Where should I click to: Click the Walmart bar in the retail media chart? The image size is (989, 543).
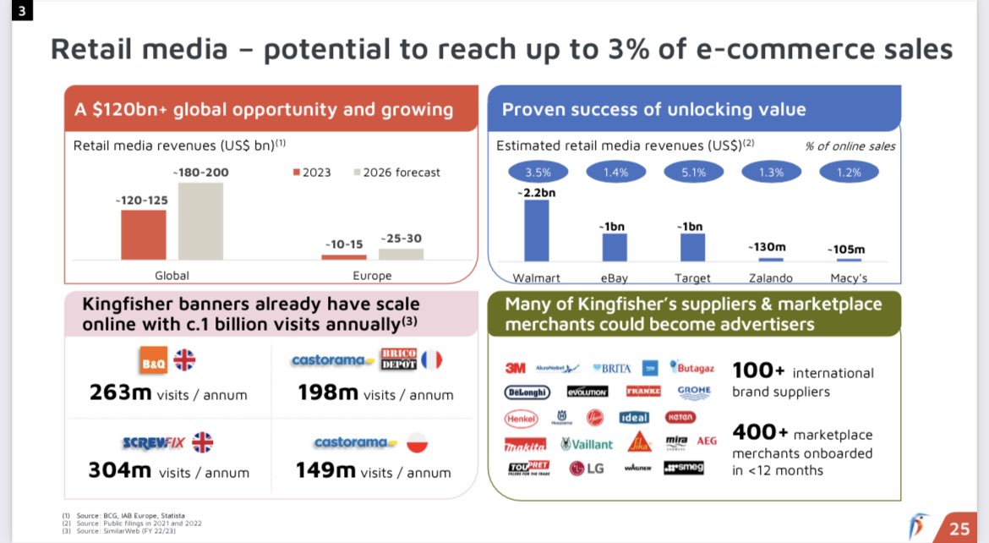tap(536, 230)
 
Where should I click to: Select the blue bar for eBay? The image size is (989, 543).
tap(615, 247)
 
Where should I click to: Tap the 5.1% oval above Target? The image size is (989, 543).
tap(692, 173)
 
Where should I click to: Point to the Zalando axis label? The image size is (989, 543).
tap(770, 277)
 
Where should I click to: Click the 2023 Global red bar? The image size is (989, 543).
tap(144, 234)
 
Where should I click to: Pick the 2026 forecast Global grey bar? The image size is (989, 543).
tap(200, 221)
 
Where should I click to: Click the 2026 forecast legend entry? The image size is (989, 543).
tap(397, 173)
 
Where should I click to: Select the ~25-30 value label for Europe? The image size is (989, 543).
tap(401, 239)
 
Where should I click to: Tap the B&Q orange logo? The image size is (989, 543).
tap(153, 361)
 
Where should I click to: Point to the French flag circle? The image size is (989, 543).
tap(432, 360)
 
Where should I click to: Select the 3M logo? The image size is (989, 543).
tap(515, 368)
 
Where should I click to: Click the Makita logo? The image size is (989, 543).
tap(526, 444)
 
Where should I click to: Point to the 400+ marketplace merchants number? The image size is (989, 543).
tap(760, 432)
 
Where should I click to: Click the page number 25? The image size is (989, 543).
tap(959, 529)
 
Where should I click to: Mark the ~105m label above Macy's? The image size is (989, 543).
tap(847, 250)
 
